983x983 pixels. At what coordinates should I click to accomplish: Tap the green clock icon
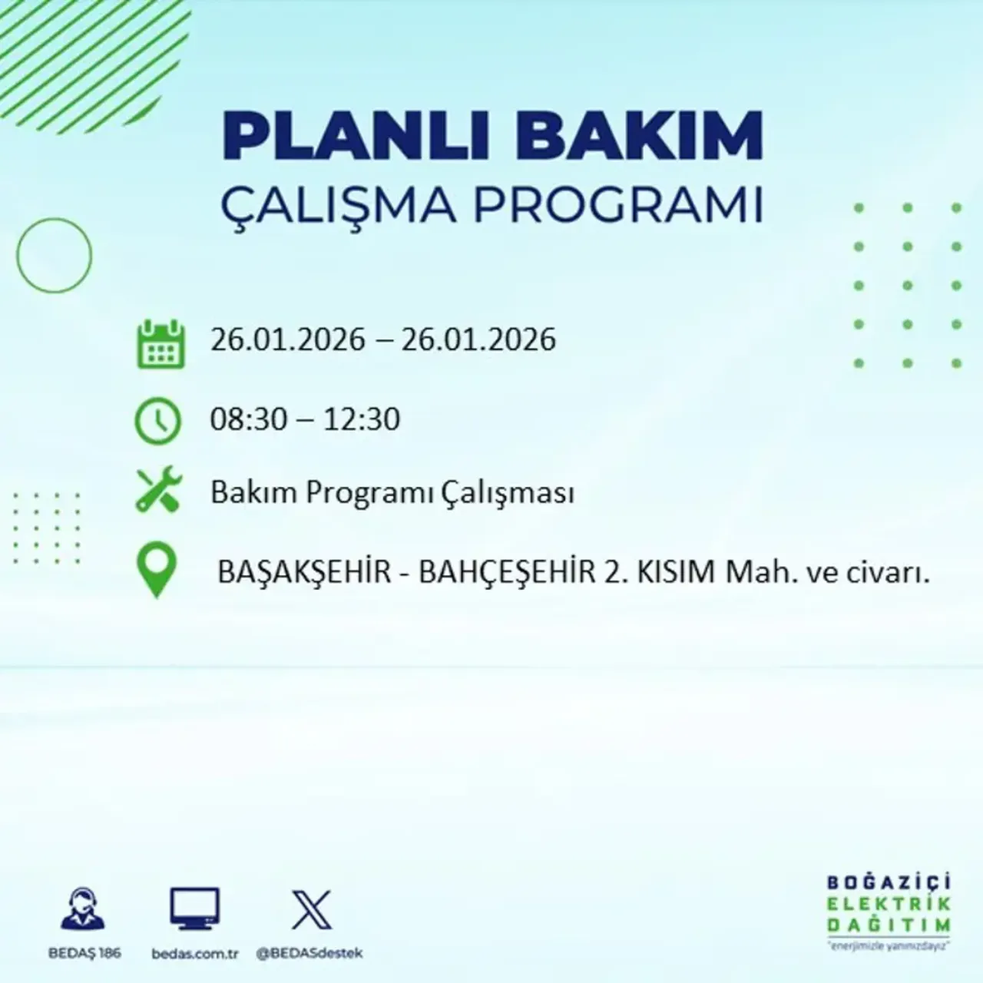pyautogui.click(x=158, y=421)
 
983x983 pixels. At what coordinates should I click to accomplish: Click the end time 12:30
pyautogui.click(x=362, y=419)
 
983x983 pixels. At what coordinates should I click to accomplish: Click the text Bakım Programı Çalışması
pyautogui.click(x=392, y=492)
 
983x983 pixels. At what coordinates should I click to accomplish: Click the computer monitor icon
pyautogui.click(x=194, y=909)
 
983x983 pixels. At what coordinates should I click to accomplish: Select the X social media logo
pyautogui.click(x=312, y=910)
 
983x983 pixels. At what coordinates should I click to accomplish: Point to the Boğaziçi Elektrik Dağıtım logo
pyautogui.click(x=889, y=911)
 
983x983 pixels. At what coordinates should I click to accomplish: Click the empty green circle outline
pyautogui.click(x=54, y=255)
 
